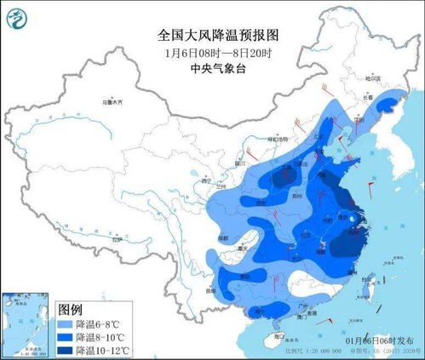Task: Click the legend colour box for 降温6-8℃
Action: [66, 323]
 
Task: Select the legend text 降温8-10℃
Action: [101, 337]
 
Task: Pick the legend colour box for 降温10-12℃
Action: [66, 350]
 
